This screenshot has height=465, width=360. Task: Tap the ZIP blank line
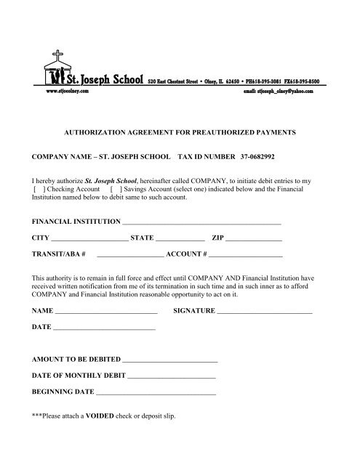click(257, 239)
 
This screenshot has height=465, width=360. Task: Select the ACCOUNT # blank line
click(246, 256)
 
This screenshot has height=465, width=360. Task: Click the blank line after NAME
click(106, 312)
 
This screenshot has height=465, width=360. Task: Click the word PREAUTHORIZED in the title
click(233, 134)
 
